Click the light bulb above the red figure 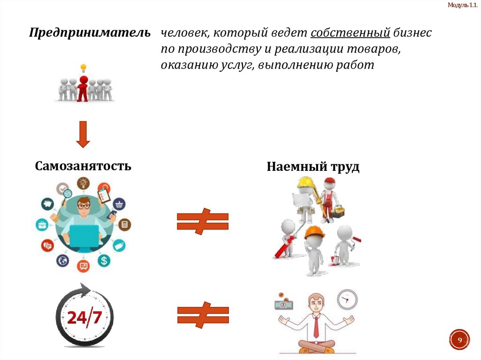[x=84, y=68]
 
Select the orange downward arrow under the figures [x=83, y=134]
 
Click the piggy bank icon [x=47, y=204]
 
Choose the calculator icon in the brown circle [x=124, y=224]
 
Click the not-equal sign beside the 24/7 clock [x=202, y=315]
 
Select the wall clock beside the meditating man [x=347, y=299]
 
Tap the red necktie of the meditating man [x=316, y=324]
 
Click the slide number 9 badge [x=460, y=339]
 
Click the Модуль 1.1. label [x=463, y=5]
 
